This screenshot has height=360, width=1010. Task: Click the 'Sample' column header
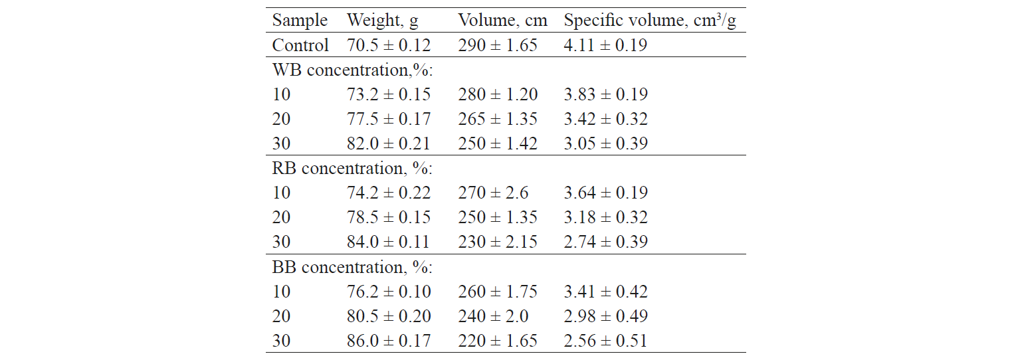point(300,21)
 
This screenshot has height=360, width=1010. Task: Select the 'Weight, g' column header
point(383,21)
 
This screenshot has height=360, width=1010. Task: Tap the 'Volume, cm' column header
point(502,21)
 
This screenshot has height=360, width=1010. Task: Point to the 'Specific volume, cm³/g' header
point(650,21)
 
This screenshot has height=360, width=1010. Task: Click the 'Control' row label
point(300,45)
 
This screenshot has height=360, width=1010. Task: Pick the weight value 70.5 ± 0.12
point(389,45)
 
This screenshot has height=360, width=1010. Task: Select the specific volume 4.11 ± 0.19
point(605,45)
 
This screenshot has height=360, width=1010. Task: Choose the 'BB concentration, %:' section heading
point(352,267)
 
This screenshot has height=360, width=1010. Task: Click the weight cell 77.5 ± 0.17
point(389,119)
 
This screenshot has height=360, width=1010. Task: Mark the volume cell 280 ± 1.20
point(498,94)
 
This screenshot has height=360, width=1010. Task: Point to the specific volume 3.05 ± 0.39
point(605,143)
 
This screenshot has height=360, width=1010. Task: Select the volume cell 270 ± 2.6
point(492,193)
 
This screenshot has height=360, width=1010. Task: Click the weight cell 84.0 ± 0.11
point(389,242)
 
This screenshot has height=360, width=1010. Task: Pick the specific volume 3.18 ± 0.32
point(605,217)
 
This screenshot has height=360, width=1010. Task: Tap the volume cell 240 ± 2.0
point(492,316)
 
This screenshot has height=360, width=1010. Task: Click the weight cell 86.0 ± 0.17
point(389,341)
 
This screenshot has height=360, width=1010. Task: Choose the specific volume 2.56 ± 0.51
point(605,341)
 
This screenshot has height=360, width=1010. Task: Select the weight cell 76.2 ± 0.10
point(389,292)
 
